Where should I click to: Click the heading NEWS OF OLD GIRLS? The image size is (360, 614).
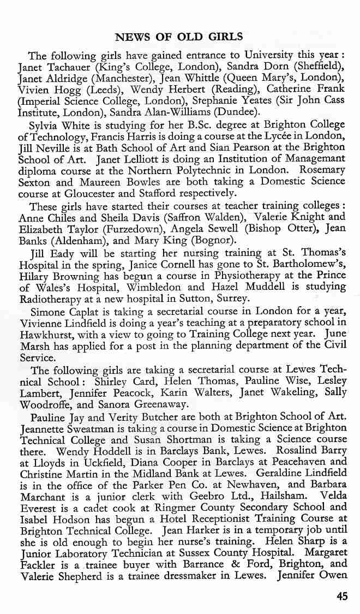(x=179, y=37)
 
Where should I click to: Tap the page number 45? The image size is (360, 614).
(x=342, y=597)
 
